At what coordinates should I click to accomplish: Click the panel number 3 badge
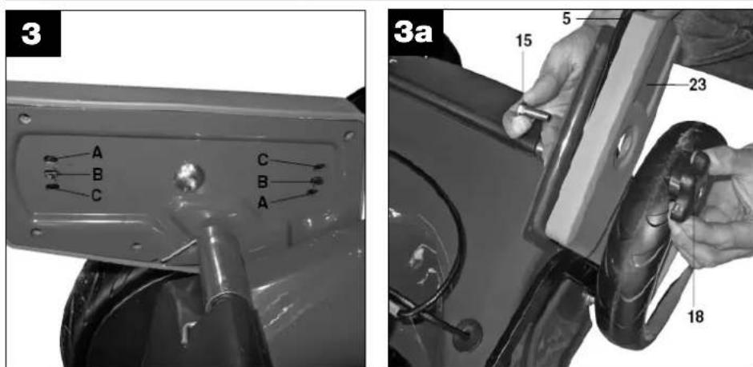coord(33,34)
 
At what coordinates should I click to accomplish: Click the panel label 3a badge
coord(416,33)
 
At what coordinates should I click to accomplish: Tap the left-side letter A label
coord(97,153)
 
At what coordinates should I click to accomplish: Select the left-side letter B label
coord(97,174)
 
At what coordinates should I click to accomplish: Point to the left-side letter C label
coord(96,195)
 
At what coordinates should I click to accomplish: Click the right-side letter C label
coord(263,161)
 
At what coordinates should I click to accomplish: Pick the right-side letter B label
coord(263,182)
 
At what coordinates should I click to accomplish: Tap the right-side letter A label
coord(263,203)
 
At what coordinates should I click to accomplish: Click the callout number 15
coord(524,42)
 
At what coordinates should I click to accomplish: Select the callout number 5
coord(567,19)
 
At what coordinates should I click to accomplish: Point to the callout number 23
coord(698,85)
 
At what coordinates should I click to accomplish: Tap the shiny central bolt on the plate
coord(189,177)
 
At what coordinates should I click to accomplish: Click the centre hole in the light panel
coord(623,144)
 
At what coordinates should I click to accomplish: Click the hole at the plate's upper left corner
coord(24,119)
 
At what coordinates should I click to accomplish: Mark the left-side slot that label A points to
coord(50,158)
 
